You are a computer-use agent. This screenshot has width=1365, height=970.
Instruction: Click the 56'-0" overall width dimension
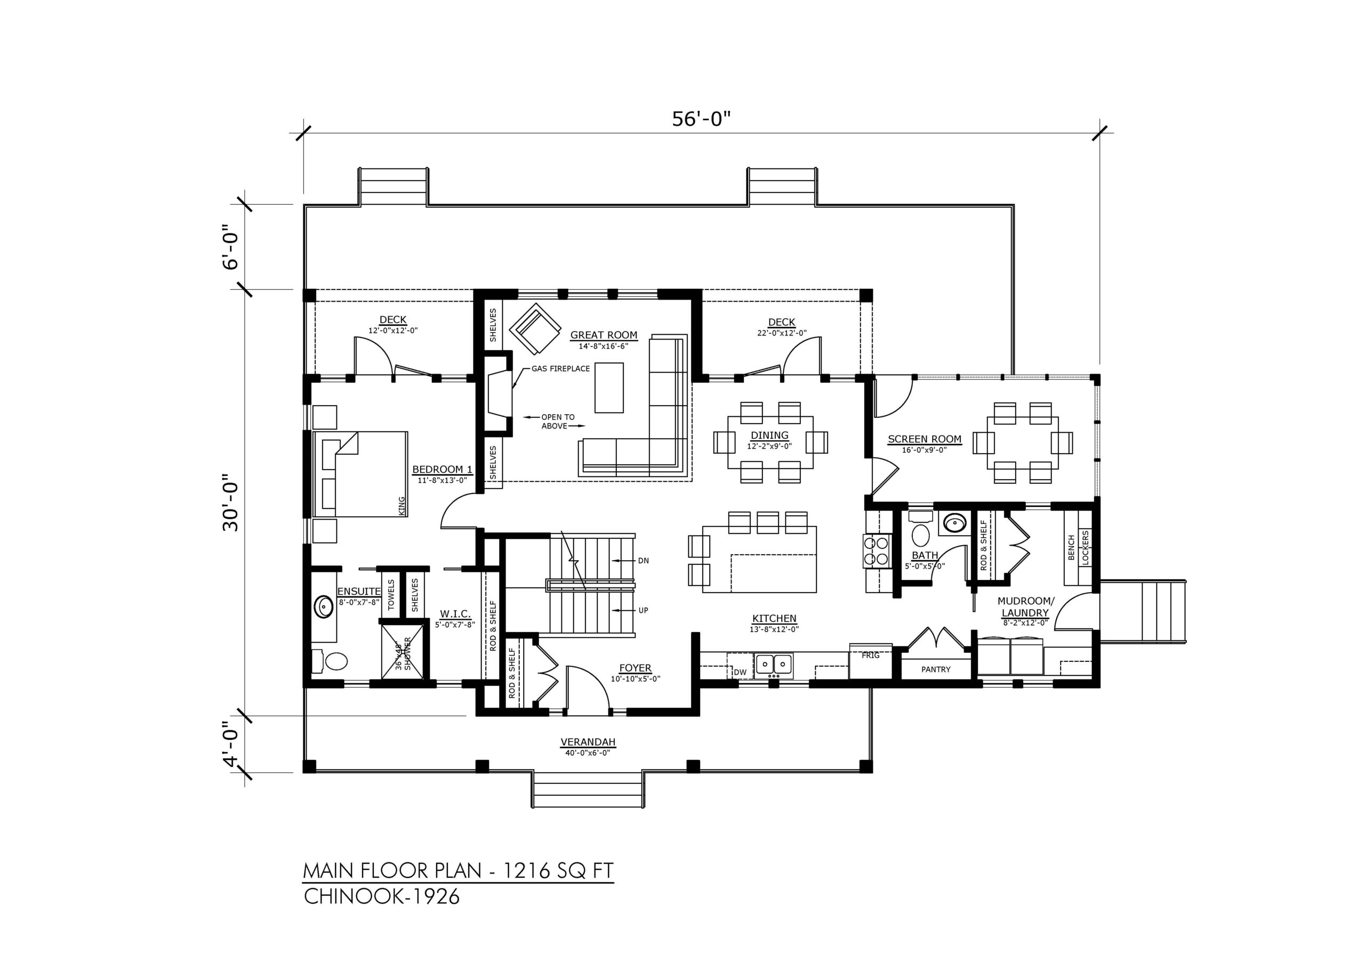[x=701, y=119]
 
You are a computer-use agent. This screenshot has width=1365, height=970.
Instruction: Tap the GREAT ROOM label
[x=604, y=335]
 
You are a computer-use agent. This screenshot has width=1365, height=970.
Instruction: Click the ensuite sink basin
[x=323, y=607]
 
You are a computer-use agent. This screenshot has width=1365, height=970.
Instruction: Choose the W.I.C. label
[x=456, y=613]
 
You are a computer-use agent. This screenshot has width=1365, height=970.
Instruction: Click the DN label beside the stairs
[x=644, y=560]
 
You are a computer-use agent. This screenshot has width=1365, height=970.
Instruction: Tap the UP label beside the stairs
[x=644, y=610]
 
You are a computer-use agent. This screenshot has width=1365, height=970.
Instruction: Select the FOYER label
[x=635, y=668]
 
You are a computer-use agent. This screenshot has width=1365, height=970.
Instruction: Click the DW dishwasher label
[x=740, y=672]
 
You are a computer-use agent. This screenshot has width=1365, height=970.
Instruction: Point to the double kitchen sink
[x=774, y=664]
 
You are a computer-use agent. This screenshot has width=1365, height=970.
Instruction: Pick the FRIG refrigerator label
[x=870, y=655]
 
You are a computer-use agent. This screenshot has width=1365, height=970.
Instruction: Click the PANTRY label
[x=935, y=669]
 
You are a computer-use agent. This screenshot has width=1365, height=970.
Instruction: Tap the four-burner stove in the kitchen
[x=877, y=551]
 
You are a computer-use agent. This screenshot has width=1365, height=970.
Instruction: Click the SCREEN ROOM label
[x=925, y=439]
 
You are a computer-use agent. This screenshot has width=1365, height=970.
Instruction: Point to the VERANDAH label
[x=588, y=742]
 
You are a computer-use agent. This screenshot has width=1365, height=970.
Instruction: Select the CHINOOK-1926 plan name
[x=382, y=896]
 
